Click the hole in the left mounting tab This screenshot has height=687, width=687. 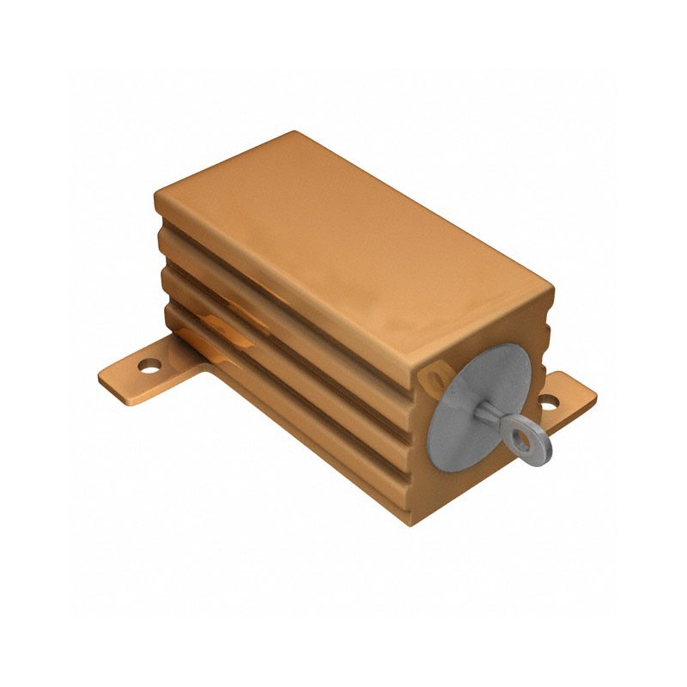149,367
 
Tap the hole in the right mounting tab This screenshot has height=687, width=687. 547,400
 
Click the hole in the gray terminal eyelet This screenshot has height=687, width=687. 520,441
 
